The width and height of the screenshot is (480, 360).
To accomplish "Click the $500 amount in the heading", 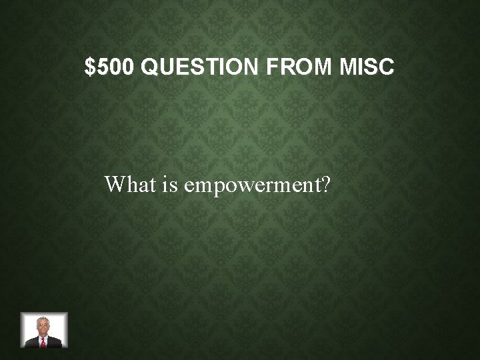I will [x=111, y=67].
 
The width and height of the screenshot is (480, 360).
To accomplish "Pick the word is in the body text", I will [x=169, y=184].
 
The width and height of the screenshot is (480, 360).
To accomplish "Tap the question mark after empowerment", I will [x=325, y=184].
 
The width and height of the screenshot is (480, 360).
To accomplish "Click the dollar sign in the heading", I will [x=90, y=67].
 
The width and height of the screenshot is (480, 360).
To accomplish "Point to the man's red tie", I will [x=44, y=342].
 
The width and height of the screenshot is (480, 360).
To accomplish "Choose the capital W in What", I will [x=114, y=184].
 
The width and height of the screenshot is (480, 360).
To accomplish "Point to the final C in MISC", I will [x=387, y=67].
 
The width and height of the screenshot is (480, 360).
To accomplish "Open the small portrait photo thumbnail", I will [x=44, y=330].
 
